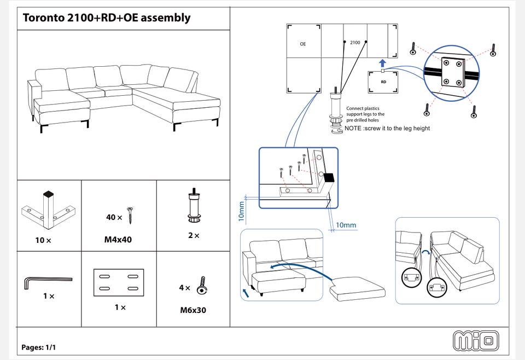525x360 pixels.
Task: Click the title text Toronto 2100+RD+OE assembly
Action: point(107,18)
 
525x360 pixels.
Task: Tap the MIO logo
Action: point(475,340)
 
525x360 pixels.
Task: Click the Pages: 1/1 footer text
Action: point(39,347)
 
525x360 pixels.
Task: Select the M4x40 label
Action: point(119,240)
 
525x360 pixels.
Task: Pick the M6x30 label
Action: point(193,311)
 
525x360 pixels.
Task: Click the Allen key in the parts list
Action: point(46,281)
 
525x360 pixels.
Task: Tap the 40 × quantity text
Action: point(114,217)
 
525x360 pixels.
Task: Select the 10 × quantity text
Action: point(43,240)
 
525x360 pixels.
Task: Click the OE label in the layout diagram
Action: point(302,43)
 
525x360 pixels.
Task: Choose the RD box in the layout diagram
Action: point(383,82)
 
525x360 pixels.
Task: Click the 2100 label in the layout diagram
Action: point(355,42)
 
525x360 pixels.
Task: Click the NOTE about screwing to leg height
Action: point(387,129)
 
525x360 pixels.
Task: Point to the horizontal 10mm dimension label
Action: point(346,225)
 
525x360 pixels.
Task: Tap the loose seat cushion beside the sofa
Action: point(359,288)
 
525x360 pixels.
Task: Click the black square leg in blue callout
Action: point(328,178)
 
